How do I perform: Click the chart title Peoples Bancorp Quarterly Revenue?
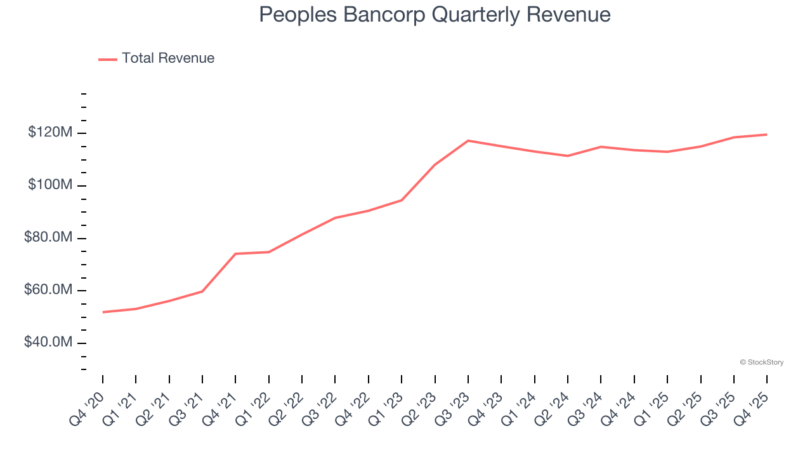[435, 15]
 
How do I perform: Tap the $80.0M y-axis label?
[48, 238]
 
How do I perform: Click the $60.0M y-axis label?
[48, 291]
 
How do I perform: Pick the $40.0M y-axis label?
[48, 343]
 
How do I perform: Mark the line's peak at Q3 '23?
[468, 140]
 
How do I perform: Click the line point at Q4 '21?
[235, 254]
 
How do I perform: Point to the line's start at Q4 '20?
[103, 312]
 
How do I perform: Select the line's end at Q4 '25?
[766, 135]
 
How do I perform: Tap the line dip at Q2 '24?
[567, 156]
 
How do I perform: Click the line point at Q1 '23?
[402, 200]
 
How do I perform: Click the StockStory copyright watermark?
[761, 362]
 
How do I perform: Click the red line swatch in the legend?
[108, 59]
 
